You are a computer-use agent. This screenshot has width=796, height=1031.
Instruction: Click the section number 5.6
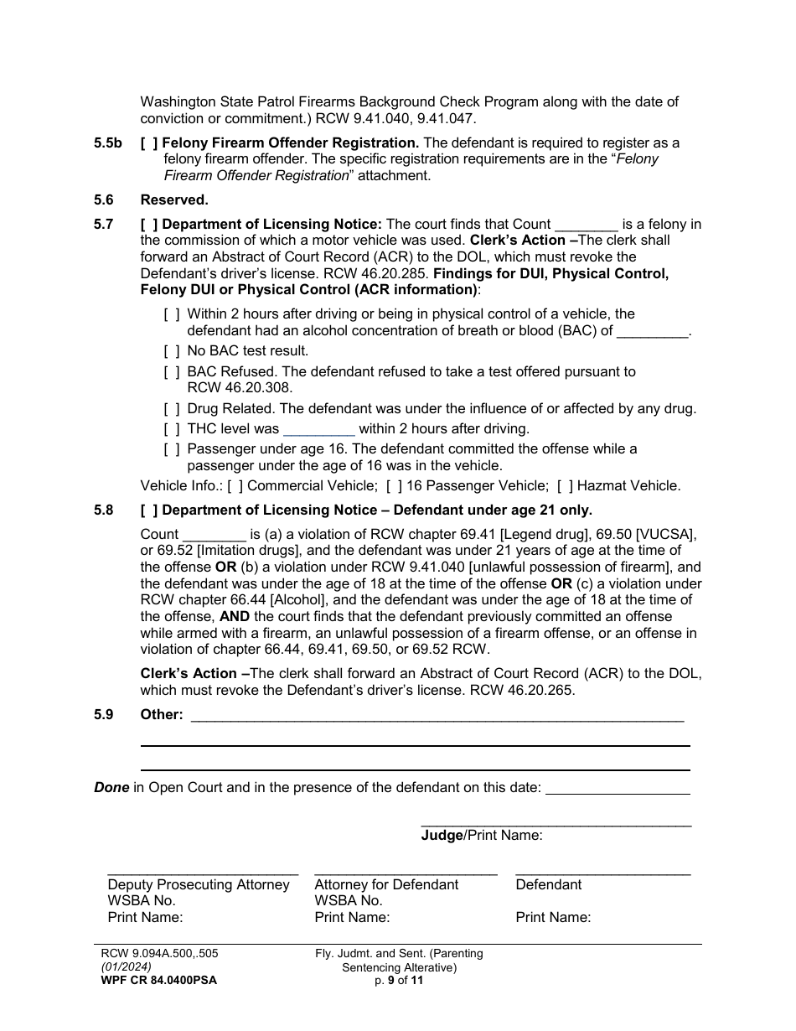pyautogui.click(x=104, y=199)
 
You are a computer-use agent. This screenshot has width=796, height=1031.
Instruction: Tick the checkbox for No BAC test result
pyautogui.click(x=172, y=351)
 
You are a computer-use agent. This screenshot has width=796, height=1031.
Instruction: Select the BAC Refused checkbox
pyautogui.click(x=172, y=371)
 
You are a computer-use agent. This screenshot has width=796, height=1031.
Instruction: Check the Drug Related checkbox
pyautogui.click(x=172, y=409)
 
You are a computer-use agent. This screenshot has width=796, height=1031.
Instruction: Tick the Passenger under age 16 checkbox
pyautogui.click(x=172, y=449)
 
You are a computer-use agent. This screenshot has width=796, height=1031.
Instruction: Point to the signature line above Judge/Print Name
pyautogui.click(x=556, y=825)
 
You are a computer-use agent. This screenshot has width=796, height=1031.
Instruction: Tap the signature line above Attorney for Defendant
pyautogui.click(x=406, y=873)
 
